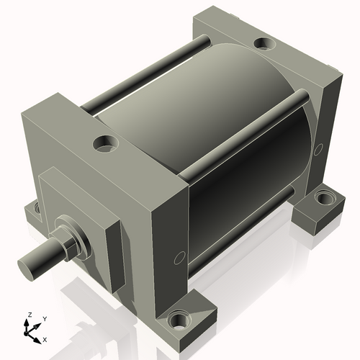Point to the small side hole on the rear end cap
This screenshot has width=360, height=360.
318,149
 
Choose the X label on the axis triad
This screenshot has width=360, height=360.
45,338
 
